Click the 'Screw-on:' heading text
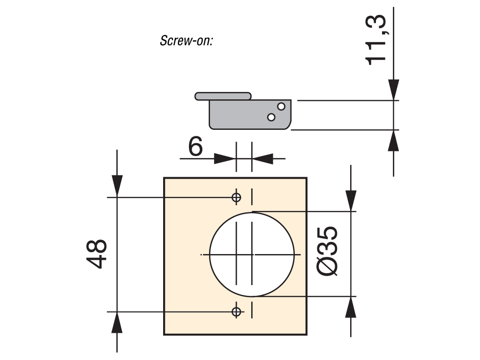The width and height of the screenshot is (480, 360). [x=186, y=40]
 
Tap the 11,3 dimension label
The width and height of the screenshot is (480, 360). [x=375, y=40]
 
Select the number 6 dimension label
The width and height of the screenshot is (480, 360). [x=195, y=146]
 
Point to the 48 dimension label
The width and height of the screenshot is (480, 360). [x=97, y=254]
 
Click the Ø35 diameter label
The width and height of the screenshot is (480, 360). [x=327, y=251]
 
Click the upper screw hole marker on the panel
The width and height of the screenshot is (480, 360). [x=236, y=197]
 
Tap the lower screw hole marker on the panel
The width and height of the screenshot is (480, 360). [x=236, y=312]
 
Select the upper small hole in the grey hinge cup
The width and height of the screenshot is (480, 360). [x=281, y=106]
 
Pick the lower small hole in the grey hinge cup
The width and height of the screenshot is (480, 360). [x=271, y=117]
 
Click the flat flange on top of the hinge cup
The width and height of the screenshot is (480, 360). [x=223, y=96]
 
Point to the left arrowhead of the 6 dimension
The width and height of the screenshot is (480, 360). [x=225, y=158]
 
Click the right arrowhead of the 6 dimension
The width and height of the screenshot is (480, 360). [x=262, y=158]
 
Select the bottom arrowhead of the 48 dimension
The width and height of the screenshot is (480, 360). [x=117, y=322]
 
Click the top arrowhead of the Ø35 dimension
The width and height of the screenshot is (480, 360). [x=351, y=201]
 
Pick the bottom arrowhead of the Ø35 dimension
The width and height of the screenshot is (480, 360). [x=351, y=307]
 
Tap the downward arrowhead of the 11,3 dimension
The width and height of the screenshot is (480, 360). [x=393, y=90]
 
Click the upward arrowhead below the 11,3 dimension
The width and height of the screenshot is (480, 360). [x=393, y=141]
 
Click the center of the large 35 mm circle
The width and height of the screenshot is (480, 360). [x=252, y=255]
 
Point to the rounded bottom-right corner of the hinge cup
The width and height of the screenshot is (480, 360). [x=288, y=127]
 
